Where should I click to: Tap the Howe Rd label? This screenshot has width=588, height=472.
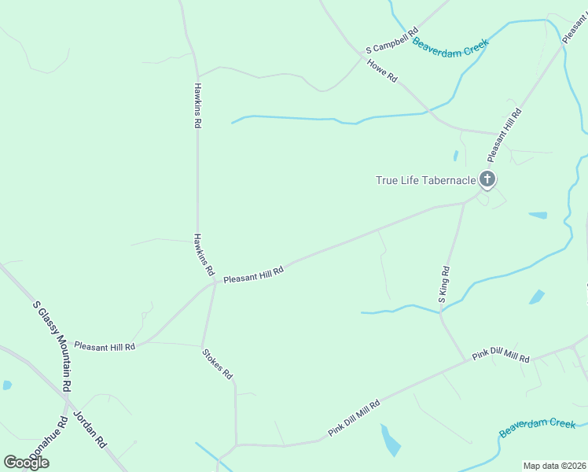tap(383, 69)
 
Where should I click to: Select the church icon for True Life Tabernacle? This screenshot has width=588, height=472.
tap(487, 180)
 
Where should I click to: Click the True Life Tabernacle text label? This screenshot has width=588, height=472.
tap(425, 180)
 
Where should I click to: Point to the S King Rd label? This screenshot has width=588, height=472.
tap(444, 284)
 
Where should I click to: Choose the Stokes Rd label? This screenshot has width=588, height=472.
tap(218, 363)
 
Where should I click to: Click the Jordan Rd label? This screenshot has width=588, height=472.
tap(90, 429)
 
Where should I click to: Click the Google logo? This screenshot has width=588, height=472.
tap(26, 462)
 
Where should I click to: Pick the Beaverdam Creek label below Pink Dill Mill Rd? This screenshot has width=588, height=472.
tap(538, 428)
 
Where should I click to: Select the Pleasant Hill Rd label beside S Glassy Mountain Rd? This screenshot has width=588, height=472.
tap(105, 345)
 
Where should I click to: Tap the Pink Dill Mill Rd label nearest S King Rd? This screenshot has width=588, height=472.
tap(501, 353)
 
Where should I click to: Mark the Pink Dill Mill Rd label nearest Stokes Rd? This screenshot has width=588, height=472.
tap(355, 419)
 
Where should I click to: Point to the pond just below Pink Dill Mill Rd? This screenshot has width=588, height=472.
tap(389, 441)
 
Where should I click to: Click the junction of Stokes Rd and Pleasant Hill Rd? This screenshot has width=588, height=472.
tap(215, 282)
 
